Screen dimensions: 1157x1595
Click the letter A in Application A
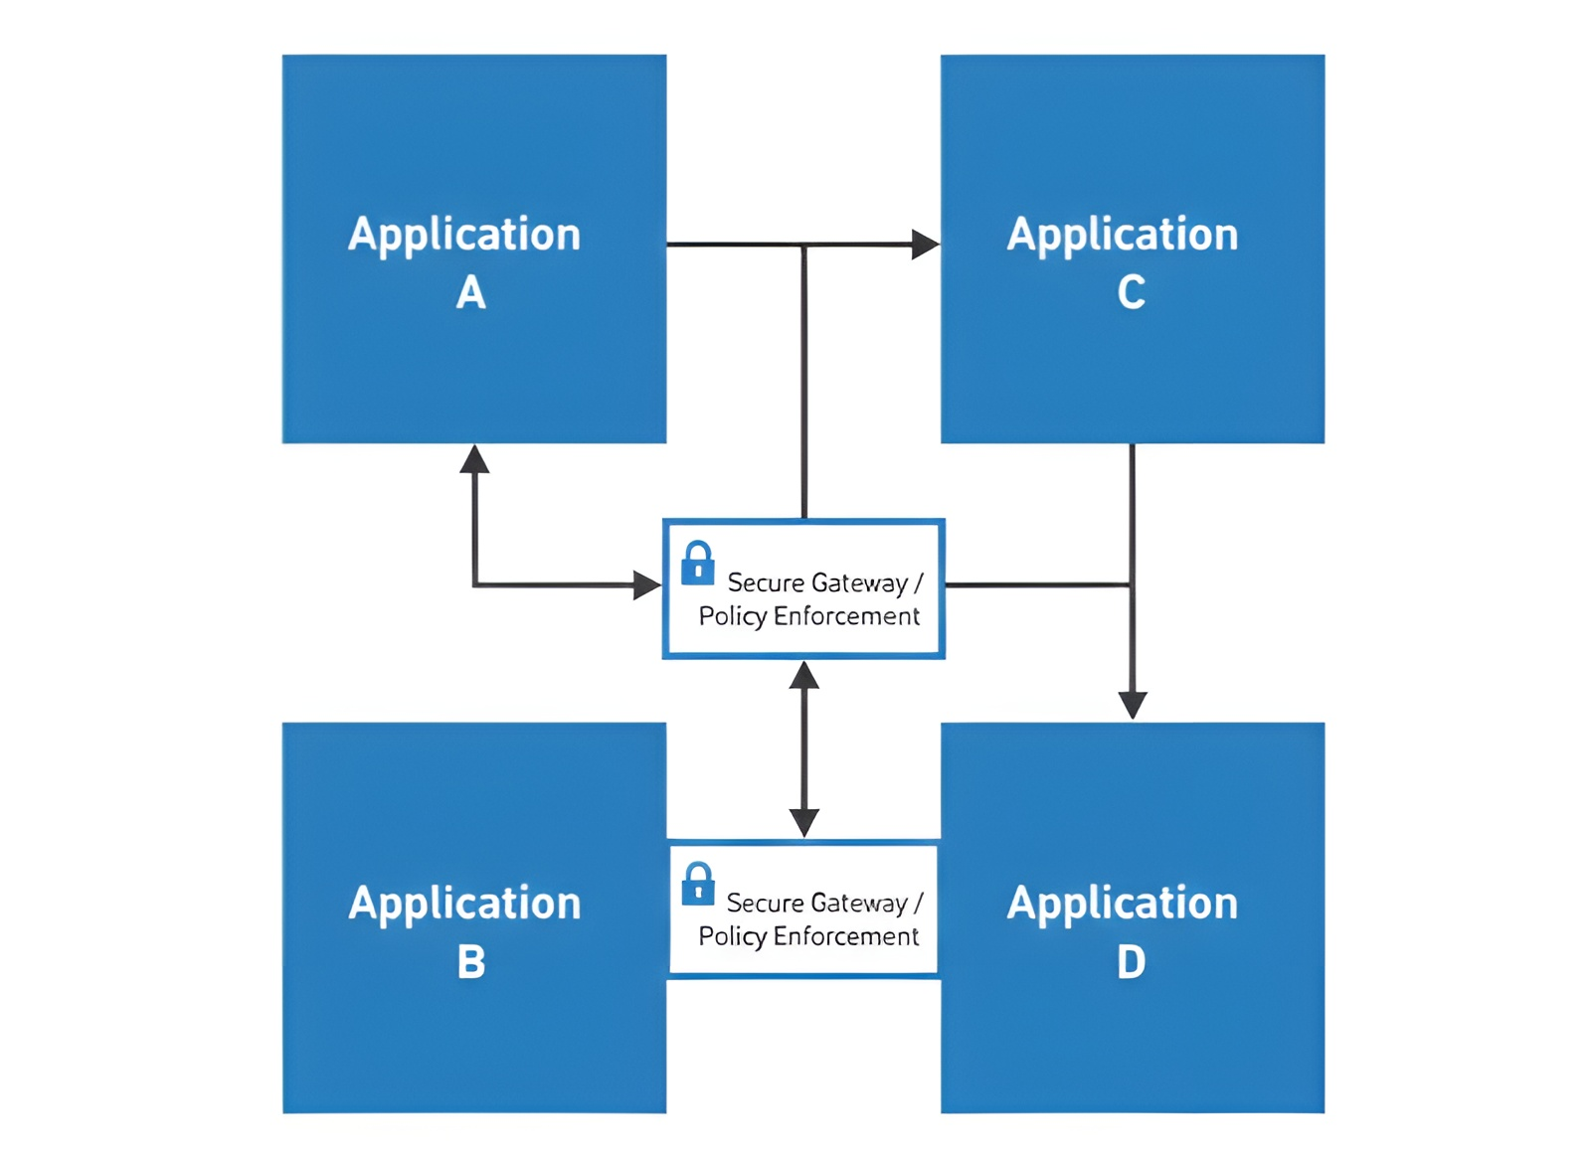coord(470,292)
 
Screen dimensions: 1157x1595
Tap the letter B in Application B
coord(471,961)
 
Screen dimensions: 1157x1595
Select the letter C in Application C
coord(1131,292)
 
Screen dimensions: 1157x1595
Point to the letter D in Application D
coord(1131,961)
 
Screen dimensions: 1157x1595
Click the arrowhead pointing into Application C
coord(926,244)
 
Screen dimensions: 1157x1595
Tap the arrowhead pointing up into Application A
coord(474,459)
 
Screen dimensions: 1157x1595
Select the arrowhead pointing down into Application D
coord(1133,704)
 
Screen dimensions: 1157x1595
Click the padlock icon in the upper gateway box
coord(697,563)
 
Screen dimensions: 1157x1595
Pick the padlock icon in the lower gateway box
coord(698,883)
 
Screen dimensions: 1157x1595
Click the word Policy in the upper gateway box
coord(732,616)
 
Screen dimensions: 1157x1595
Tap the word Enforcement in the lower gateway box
coord(845,936)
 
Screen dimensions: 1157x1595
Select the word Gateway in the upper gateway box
coord(859,582)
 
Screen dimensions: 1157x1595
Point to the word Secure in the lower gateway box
coord(765,903)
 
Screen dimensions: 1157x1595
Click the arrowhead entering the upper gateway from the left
coord(647,584)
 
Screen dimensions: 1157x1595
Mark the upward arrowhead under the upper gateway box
coord(803,676)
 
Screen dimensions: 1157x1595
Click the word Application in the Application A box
coord(464,235)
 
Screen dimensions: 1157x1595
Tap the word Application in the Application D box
coord(1123,903)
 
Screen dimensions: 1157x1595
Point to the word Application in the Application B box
coord(464,903)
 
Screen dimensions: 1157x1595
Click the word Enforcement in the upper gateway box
coord(846,616)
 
